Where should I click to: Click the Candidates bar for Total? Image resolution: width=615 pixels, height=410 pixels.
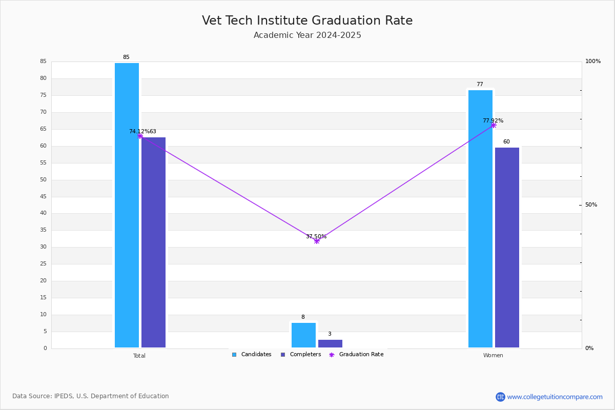pyautogui.click(x=127, y=205)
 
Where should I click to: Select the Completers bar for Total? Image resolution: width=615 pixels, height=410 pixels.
pyautogui.click(x=153, y=242)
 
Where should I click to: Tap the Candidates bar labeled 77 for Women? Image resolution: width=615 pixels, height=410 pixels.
pyautogui.click(x=481, y=219)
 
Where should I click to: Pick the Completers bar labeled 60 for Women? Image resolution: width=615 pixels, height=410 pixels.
pyautogui.click(x=507, y=248)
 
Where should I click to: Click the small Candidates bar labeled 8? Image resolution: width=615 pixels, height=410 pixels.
pyautogui.click(x=303, y=335)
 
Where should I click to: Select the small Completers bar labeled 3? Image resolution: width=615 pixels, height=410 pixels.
pyautogui.click(x=330, y=343)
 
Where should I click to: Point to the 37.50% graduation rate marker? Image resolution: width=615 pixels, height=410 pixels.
pyautogui.click(x=317, y=241)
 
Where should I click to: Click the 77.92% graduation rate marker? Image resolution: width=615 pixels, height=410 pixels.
pyautogui.click(x=494, y=125)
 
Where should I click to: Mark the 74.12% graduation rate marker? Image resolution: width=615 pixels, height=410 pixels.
pyautogui.click(x=140, y=136)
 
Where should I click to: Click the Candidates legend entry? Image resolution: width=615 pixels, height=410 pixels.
pyautogui.click(x=252, y=355)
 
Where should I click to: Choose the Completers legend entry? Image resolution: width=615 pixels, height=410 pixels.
pyautogui.click(x=301, y=355)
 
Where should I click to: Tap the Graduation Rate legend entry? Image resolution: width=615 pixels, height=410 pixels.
pyautogui.click(x=356, y=355)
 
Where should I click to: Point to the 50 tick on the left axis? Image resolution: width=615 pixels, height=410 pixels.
pyautogui.click(x=44, y=179)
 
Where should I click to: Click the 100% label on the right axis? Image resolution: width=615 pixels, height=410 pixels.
pyautogui.click(x=593, y=61)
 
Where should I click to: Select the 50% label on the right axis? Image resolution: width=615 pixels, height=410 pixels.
pyautogui.click(x=591, y=204)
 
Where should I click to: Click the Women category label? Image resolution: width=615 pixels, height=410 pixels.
pyautogui.click(x=493, y=355)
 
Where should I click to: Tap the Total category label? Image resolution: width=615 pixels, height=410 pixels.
pyautogui.click(x=139, y=356)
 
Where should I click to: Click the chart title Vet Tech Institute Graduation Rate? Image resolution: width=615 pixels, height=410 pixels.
pyautogui.click(x=307, y=20)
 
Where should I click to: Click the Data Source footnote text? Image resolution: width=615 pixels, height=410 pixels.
pyautogui.click(x=91, y=396)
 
